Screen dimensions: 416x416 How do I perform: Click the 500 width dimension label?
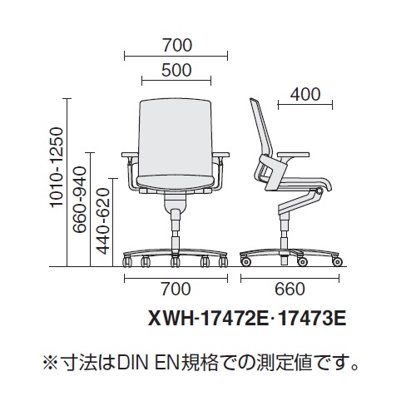point(176,70)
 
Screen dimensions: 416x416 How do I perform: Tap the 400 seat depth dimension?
point(305,94)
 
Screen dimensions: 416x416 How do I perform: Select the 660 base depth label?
point(290,289)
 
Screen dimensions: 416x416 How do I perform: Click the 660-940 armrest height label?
point(80,200)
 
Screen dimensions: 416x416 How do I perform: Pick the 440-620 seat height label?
point(104,221)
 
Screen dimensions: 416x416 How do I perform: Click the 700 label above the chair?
point(177,46)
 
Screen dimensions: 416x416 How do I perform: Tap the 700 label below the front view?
point(176,289)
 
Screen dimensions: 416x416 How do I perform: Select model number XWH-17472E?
point(208,319)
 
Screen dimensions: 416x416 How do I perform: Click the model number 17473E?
point(312,319)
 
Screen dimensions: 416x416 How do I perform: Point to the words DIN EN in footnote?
point(147,364)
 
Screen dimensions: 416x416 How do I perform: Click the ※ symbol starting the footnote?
point(50,364)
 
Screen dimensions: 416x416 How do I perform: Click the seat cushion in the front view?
point(176,181)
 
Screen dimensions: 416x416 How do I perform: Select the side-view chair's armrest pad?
point(294,155)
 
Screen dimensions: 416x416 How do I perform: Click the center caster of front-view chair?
point(175,261)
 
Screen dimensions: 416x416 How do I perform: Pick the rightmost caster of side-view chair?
point(337,261)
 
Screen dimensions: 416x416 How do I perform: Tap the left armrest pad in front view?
point(130,155)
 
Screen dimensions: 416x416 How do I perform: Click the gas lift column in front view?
point(175,231)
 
